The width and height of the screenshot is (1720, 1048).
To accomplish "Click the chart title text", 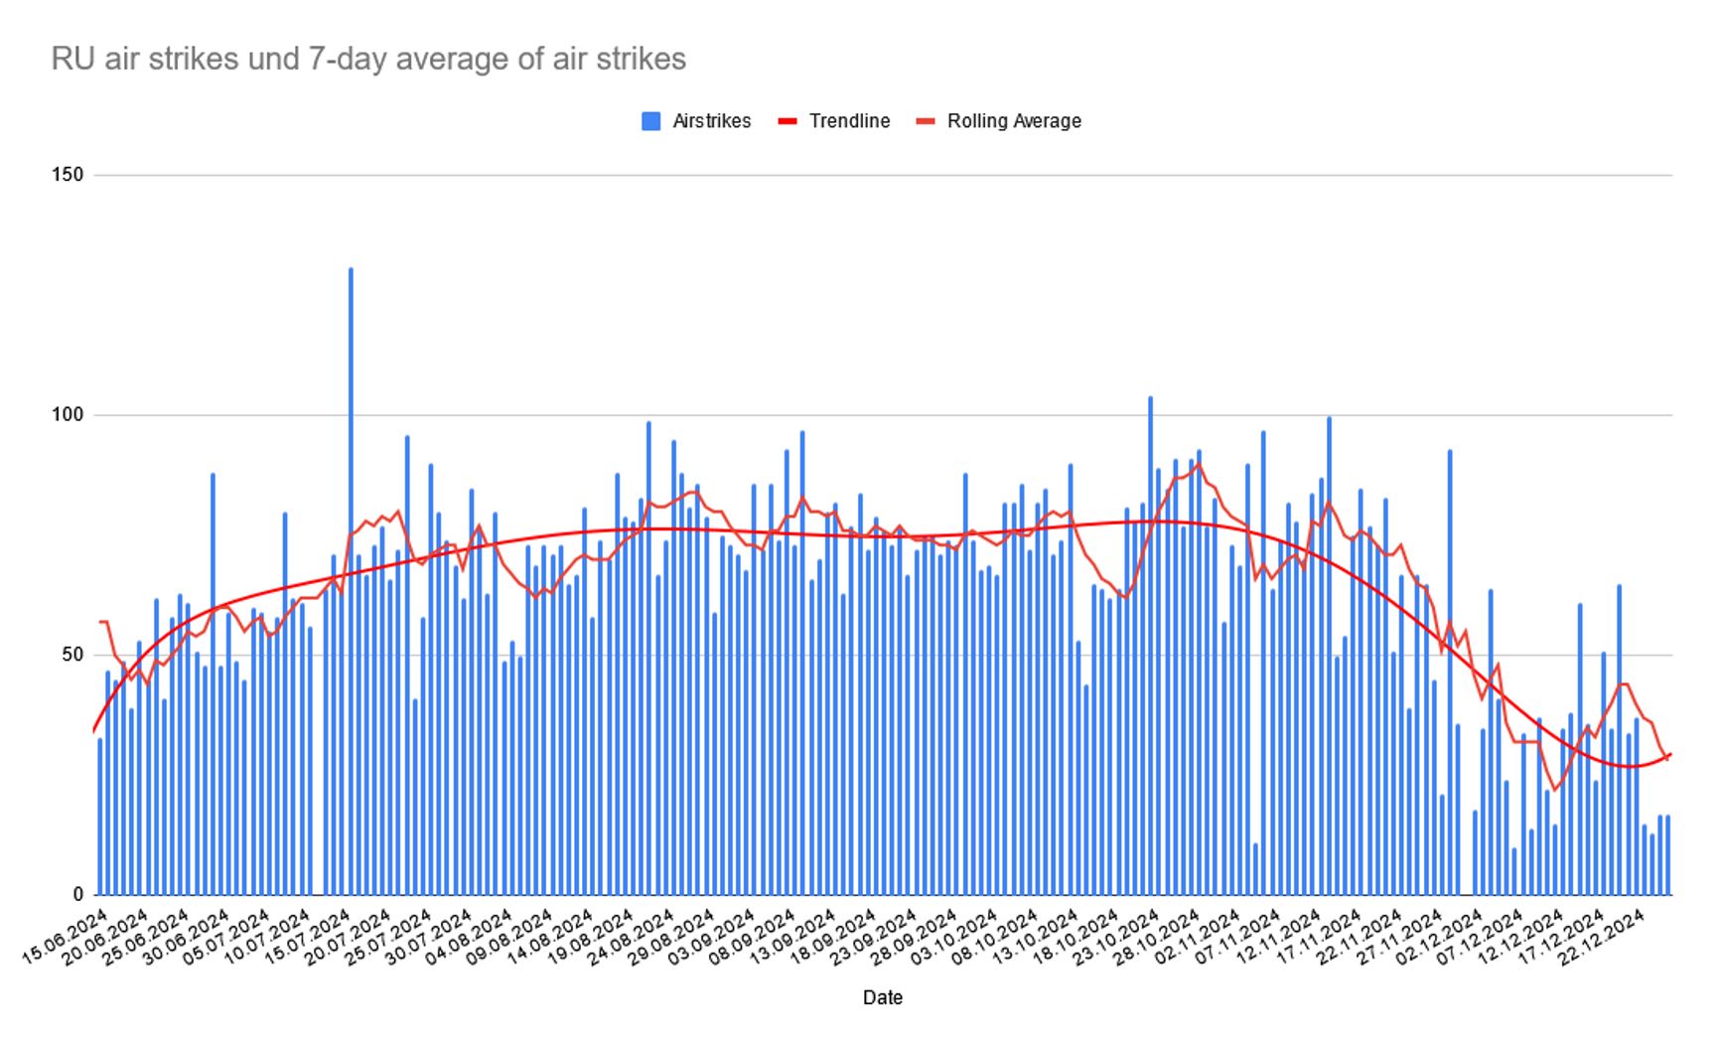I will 368,60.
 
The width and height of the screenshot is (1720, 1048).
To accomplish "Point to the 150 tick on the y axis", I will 68,175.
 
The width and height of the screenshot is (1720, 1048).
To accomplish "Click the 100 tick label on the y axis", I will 68,415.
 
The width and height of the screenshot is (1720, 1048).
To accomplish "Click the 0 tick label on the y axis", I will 76,895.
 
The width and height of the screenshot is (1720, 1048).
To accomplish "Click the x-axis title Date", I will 882,997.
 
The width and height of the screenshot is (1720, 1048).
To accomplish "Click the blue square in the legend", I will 651,121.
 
